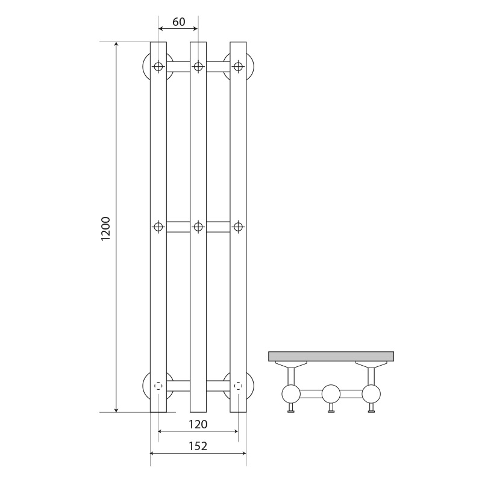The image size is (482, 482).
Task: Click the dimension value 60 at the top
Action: coord(178,22)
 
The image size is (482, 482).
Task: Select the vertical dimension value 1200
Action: coord(105,229)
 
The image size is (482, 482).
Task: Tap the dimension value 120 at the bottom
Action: coord(198,424)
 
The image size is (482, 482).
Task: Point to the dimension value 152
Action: coord(198,446)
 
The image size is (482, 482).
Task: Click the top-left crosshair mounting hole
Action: coord(158,66)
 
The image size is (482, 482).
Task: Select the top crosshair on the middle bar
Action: coord(198,66)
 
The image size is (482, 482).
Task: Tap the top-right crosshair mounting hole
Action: coord(238,66)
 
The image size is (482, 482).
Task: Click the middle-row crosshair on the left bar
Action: coord(158,227)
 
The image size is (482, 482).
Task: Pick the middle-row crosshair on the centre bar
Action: coord(198,227)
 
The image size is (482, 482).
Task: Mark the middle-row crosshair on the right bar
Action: coord(238,227)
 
